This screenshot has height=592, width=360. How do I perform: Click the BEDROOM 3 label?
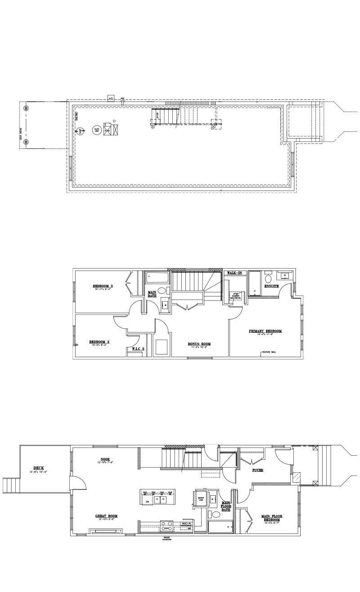pyautogui.click(x=103, y=287)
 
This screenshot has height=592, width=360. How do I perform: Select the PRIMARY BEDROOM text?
pyautogui.click(x=265, y=331)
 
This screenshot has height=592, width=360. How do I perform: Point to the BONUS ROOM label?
pyautogui.click(x=199, y=344)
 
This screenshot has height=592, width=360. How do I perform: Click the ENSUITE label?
pyautogui.click(x=271, y=286)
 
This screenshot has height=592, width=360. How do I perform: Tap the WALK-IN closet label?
pyautogui.click(x=234, y=273)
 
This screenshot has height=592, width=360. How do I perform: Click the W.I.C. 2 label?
pyautogui.click(x=138, y=349)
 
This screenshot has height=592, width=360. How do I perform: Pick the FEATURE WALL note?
pyautogui.click(x=270, y=352)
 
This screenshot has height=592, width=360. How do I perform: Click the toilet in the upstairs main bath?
pyautogui.click(x=162, y=291)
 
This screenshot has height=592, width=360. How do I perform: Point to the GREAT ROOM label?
pyautogui.click(x=106, y=516)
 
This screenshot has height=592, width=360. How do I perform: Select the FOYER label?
pyautogui.click(x=257, y=470)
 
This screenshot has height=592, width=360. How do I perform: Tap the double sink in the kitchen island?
pyautogui.click(x=160, y=499)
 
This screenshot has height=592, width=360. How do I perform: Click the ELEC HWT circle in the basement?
pyautogui.click(x=96, y=130)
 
